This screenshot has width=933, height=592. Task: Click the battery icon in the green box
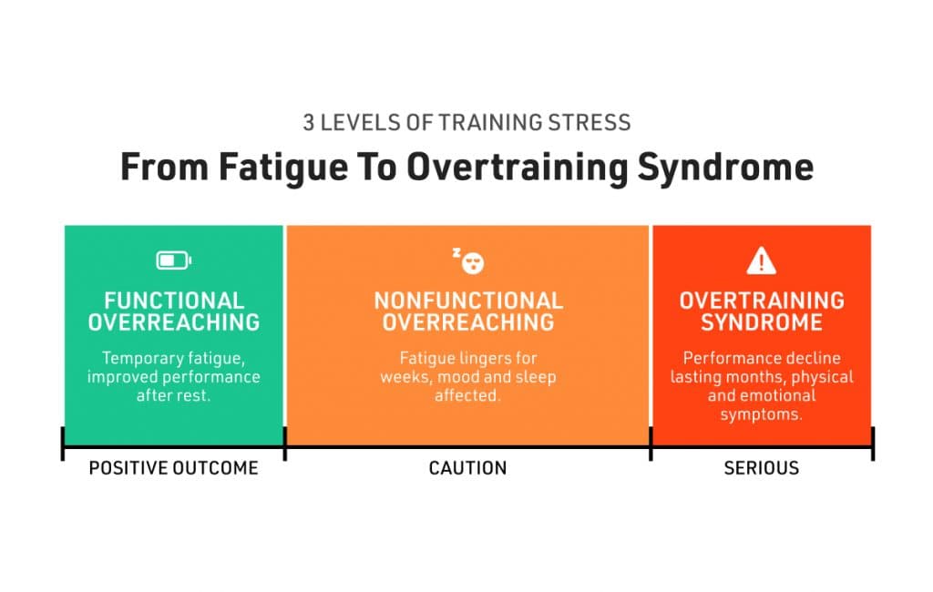(x=174, y=260)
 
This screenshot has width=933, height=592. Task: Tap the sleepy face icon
(x=468, y=260)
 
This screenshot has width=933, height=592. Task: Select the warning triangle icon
(x=761, y=260)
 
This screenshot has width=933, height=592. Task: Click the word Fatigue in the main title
(x=283, y=168)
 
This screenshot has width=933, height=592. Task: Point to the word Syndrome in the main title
(x=725, y=168)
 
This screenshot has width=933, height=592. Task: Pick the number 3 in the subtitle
(x=308, y=123)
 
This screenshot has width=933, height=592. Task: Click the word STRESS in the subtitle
(x=590, y=123)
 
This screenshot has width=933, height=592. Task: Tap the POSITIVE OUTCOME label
(x=174, y=468)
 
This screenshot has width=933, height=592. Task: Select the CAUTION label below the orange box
(x=467, y=468)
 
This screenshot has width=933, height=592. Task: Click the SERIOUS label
(x=762, y=468)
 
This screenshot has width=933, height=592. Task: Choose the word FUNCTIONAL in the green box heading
(x=174, y=301)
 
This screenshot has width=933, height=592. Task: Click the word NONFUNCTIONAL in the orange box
(x=468, y=301)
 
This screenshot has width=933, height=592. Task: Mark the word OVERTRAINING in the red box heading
(x=762, y=301)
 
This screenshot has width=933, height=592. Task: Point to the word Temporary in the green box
(x=135, y=358)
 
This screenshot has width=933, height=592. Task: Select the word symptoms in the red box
(x=761, y=414)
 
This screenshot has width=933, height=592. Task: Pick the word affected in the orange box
(x=467, y=395)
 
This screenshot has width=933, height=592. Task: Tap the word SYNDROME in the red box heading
(x=762, y=322)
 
